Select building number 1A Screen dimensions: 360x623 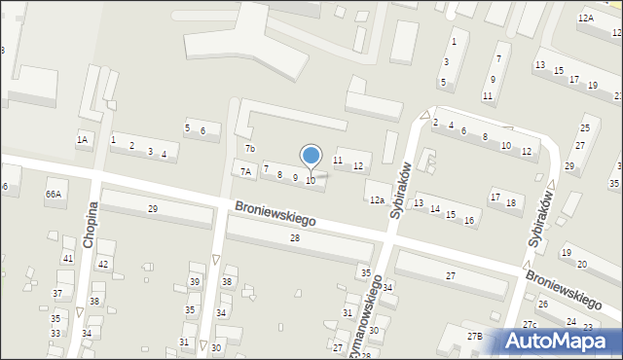click(x=83, y=140)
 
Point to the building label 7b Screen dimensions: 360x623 click(x=250, y=149)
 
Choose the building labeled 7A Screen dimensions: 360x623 click(x=246, y=172)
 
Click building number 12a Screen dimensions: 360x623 click(x=376, y=200)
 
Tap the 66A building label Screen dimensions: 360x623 click(x=53, y=194)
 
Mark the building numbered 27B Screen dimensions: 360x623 click(x=474, y=337)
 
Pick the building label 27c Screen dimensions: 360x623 click(x=530, y=324)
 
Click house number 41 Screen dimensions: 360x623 click(x=67, y=258)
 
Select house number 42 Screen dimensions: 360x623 click(x=103, y=265)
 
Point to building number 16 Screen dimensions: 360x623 click(x=468, y=221)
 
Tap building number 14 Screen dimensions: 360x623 click(x=435, y=209)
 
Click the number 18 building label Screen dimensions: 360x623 click(x=510, y=202)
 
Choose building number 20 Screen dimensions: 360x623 click(x=581, y=264)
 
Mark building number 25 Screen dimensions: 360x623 click(x=585, y=128)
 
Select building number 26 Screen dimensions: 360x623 click(x=543, y=305)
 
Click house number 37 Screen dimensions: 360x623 click(x=57, y=293)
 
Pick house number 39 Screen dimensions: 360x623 click(x=194, y=282)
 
